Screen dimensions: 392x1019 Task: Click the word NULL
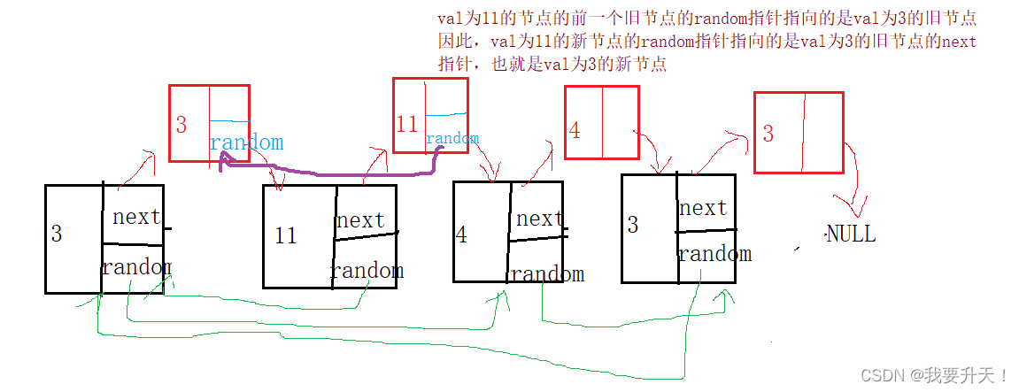coord(851,234)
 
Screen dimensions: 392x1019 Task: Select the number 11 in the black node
coord(285,236)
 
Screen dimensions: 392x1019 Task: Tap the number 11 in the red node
coord(406,125)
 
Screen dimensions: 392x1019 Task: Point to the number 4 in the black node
coord(461,235)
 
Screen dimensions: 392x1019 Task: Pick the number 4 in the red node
coord(575,131)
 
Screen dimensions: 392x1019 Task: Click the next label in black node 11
coord(360,220)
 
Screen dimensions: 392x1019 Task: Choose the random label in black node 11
coord(367,270)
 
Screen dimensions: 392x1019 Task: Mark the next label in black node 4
coord(540,219)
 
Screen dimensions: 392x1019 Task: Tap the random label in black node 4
coord(547,274)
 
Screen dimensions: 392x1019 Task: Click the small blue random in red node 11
coord(452,138)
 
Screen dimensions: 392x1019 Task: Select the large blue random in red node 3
coord(246,142)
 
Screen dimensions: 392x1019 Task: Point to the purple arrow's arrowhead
coord(223,159)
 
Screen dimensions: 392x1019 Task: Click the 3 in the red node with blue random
coord(181,126)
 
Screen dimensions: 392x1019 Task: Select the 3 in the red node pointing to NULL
coord(768,134)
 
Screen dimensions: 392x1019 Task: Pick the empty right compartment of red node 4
coord(620,122)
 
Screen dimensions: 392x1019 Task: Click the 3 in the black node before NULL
coord(632,225)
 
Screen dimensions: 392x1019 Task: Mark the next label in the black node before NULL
coord(703,209)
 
